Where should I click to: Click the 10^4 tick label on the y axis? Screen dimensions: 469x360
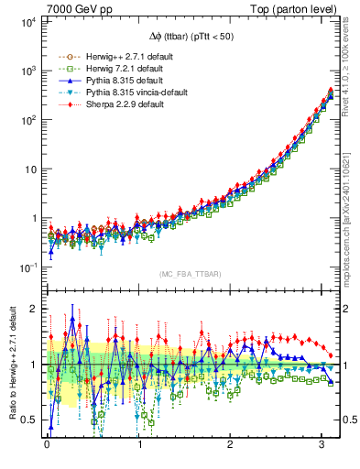[x=27, y=21]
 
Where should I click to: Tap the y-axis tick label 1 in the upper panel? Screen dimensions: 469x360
[x=33, y=218]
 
